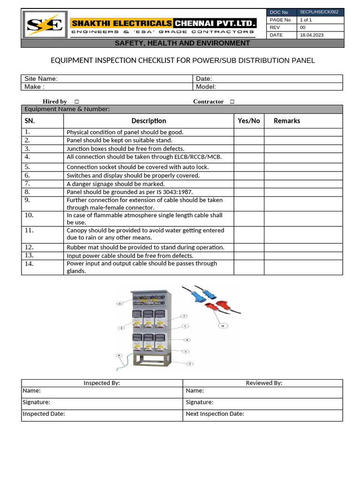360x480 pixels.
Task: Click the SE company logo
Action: (45, 25)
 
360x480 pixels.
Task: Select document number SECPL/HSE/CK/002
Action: (319, 12)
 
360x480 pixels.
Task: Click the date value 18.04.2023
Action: (311, 35)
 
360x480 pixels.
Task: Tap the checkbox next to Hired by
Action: (76, 102)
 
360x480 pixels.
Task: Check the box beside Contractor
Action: (232, 102)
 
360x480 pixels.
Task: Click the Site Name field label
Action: (41, 79)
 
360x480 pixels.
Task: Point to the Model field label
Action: (206, 87)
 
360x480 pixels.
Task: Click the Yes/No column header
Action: (248, 121)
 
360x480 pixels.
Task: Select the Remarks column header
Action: (286, 121)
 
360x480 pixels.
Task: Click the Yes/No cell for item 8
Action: (248, 192)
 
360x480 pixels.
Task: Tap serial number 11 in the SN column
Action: (30, 231)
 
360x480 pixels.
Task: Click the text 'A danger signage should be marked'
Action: (115, 184)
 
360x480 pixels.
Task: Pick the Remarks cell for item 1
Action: (303, 132)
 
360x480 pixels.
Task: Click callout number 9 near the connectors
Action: (222, 325)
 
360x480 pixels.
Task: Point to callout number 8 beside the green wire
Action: (120, 356)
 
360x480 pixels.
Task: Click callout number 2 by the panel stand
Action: (190, 364)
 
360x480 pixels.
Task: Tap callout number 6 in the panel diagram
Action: (120, 304)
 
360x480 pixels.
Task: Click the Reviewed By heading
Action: (264, 383)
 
